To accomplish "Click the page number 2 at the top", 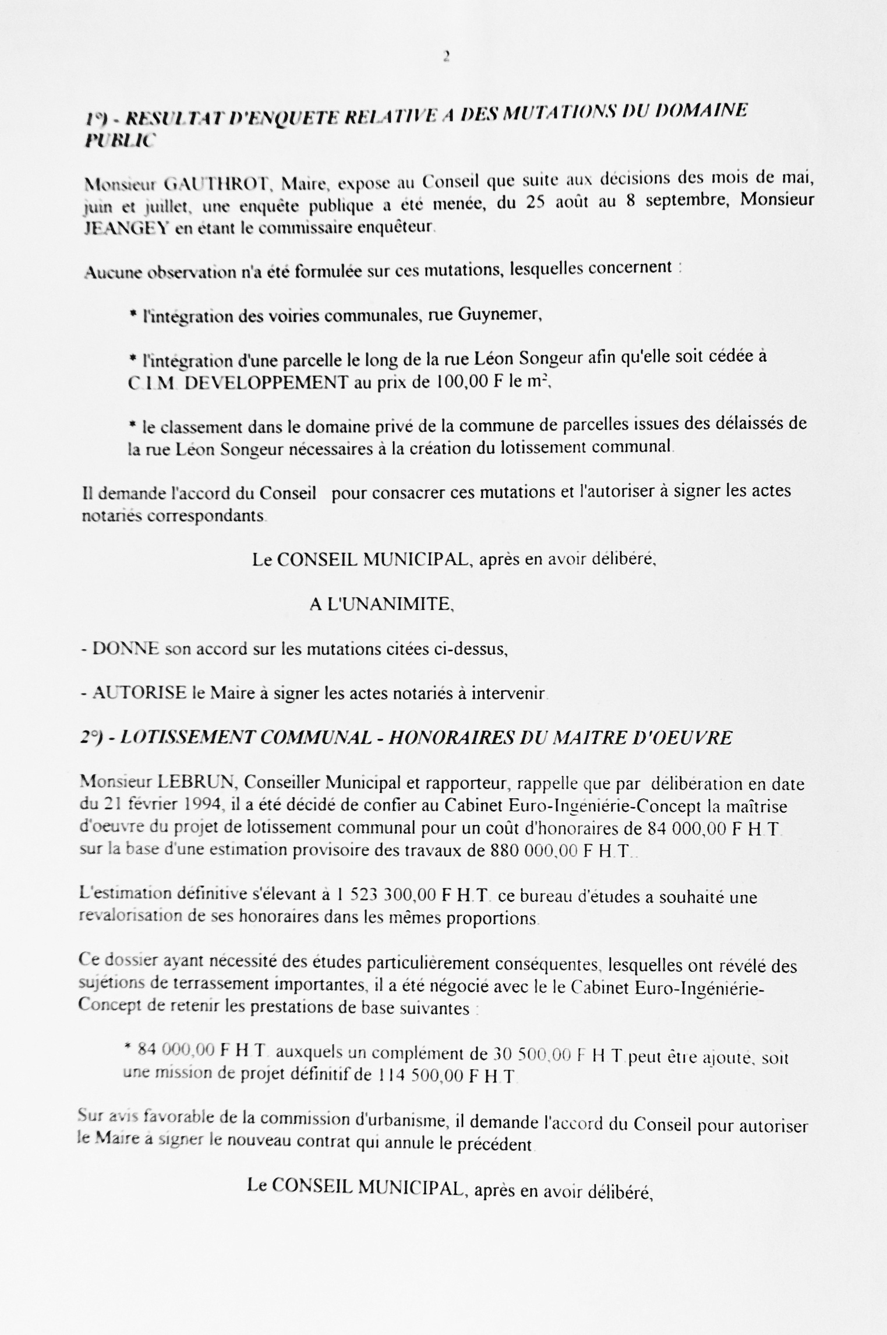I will coord(446,57).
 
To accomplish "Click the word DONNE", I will coord(126,649).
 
